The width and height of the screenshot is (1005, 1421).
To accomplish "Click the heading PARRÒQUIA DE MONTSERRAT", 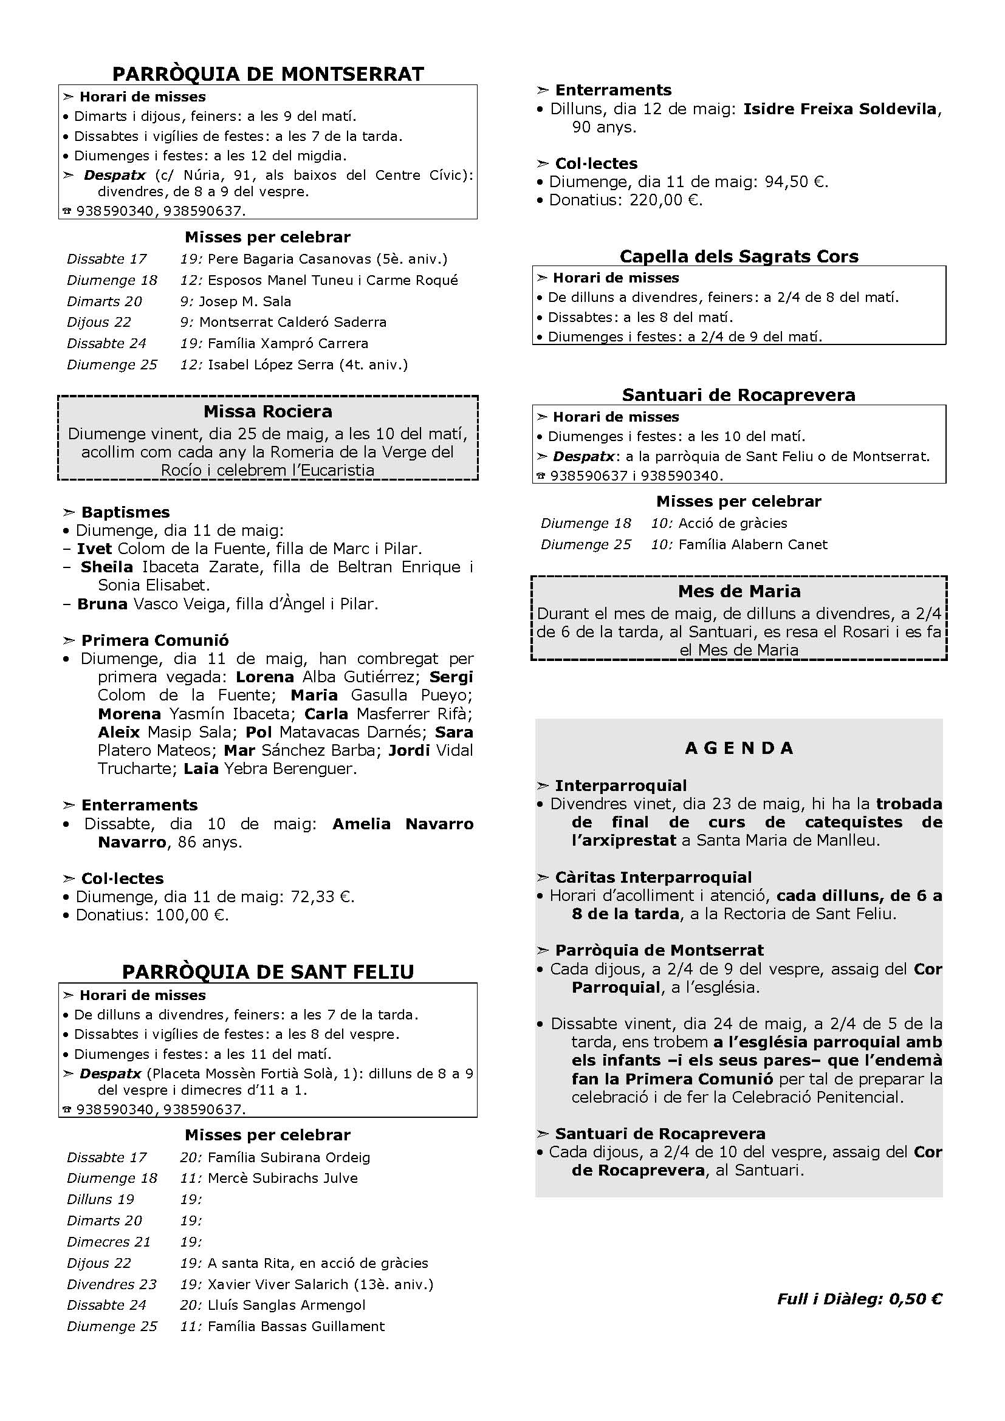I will tap(268, 74).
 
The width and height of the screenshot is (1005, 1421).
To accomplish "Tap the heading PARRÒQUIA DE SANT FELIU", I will tap(268, 971).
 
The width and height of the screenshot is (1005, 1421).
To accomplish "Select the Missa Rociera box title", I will tap(268, 411).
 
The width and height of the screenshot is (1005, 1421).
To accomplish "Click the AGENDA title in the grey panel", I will tap(739, 748).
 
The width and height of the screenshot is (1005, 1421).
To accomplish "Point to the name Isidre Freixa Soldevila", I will tap(840, 109).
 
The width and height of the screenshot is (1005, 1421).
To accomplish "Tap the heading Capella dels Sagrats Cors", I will tap(739, 256).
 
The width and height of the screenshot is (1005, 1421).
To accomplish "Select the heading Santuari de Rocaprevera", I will tap(739, 395).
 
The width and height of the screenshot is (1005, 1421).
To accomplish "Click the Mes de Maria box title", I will tap(739, 591).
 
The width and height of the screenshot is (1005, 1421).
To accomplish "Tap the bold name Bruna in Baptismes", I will tap(102, 604).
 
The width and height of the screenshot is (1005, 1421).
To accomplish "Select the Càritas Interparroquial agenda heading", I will tap(653, 878).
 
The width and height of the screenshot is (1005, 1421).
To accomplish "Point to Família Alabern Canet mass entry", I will tap(752, 544).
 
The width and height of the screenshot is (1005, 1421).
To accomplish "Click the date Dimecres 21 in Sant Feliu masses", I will tap(108, 1242).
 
